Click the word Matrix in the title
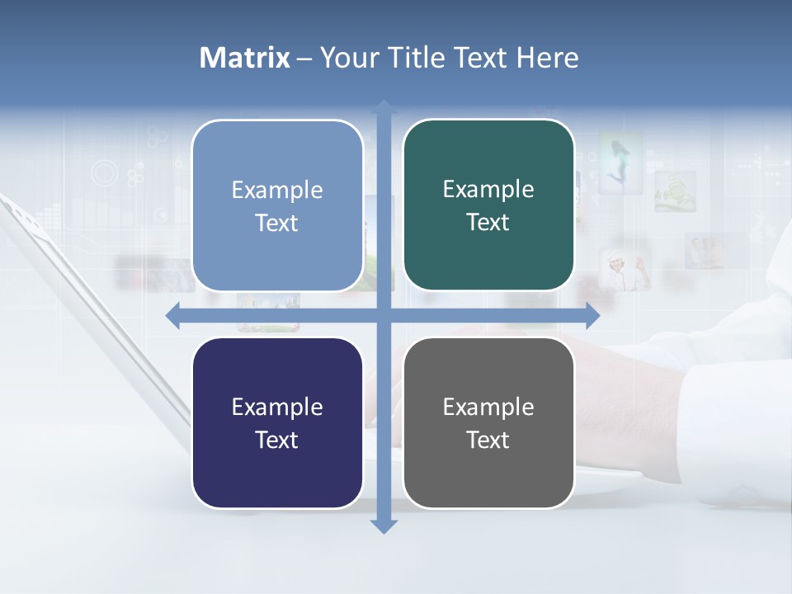(244, 58)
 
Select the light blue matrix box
(277, 205)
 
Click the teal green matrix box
(488, 205)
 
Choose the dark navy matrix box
(277, 422)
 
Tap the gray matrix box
(488, 422)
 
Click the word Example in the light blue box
(277, 190)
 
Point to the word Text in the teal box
(488, 222)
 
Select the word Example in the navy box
(277, 407)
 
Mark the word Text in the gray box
(488, 440)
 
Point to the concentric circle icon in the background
(106, 173)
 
